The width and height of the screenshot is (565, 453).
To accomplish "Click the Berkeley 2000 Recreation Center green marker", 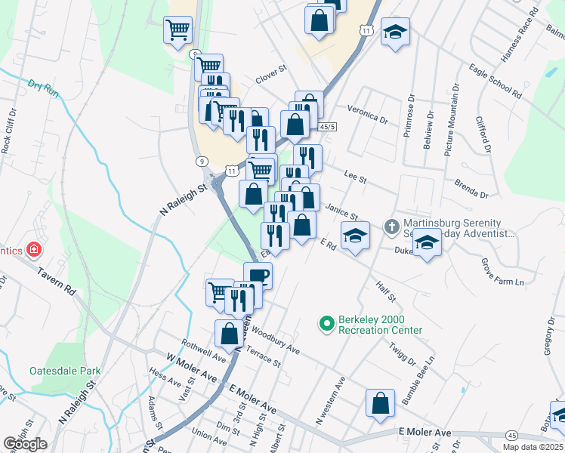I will (326, 324).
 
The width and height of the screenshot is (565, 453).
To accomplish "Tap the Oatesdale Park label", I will (65, 371).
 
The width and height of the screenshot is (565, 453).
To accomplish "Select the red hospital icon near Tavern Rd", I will (33, 248).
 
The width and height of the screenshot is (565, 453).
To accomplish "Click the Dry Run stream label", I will (44, 88).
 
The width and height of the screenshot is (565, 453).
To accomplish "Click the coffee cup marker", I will (258, 275).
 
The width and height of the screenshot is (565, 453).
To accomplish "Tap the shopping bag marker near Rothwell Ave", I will (229, 332).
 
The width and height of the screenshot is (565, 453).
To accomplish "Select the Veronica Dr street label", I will (369, 114).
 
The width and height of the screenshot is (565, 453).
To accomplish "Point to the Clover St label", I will (272, 73).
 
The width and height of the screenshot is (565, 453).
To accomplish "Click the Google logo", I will (25, 444).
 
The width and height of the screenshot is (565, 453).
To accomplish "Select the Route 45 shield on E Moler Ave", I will (512, 436).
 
